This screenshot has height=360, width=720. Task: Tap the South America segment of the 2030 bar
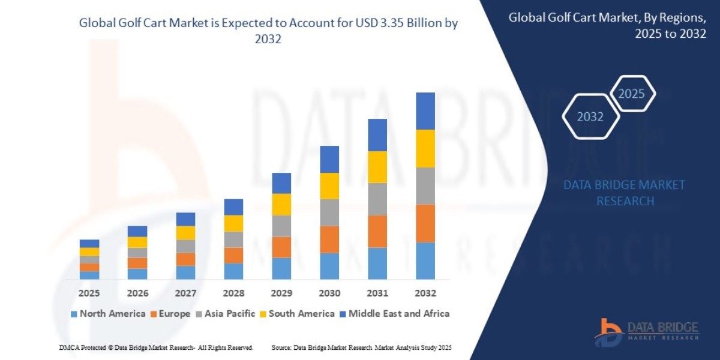(x=329, y=186)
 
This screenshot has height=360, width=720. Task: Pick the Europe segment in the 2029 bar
(x=281, y=247)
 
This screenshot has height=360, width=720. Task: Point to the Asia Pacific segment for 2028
(x=233, y=239)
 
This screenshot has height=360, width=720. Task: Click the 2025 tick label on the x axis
(x=89, y=293)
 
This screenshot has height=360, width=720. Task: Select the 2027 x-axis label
(x=185, y=293)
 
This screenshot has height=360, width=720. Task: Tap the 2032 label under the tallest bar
(x=425, y=293)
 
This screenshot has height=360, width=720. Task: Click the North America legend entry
(x=108, y=314)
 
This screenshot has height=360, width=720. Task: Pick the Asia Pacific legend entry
(x=226, y=314)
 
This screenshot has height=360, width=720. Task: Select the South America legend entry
(x=297, y=314)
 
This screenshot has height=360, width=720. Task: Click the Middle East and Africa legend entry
(x=394, y=314)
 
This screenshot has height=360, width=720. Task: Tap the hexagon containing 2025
(x=631, y=94)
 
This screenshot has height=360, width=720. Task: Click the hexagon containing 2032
(x=590, y=116)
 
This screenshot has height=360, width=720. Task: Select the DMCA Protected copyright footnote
(x=157, y=348)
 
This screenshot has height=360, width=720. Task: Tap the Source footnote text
(x=361, y=348)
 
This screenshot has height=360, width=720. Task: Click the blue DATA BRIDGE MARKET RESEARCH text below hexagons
(x=625, y=193)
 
